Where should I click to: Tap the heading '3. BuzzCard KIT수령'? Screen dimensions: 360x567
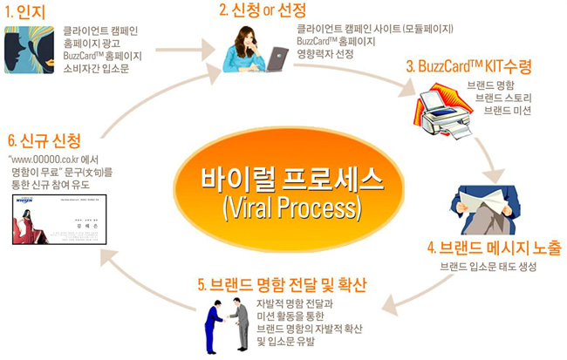[x=468, y=66]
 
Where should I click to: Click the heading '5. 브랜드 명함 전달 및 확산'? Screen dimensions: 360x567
[x=282, y=285]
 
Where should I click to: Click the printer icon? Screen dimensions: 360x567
[x=444, y=108]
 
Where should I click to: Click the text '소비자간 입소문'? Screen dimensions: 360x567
[x=96, y=67]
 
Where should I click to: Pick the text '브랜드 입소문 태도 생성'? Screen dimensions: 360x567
[x=489, y=264]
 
